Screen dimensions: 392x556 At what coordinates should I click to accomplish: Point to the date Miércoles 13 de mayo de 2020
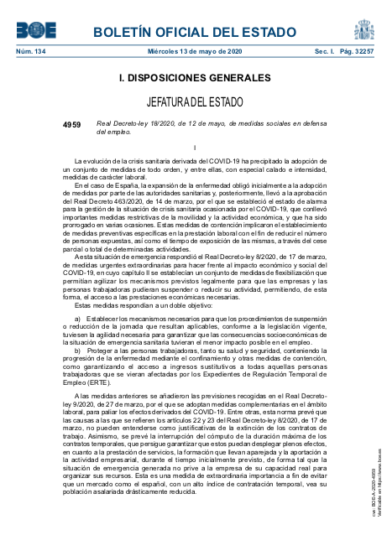(195, 52)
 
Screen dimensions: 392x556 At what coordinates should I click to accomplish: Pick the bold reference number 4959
(72, 123)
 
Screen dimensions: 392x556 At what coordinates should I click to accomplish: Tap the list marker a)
(77, 319)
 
